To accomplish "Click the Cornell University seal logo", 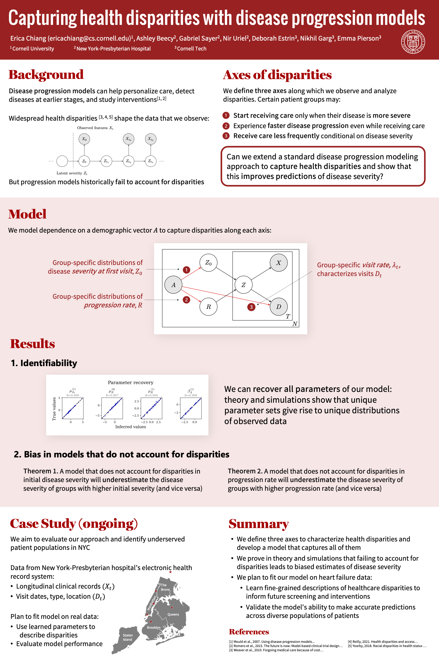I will pos(413,42).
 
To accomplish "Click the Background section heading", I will pos(46,75).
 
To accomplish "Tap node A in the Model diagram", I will pos(173,285).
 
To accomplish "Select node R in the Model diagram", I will pos(208,307).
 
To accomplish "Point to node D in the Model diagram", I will pos(279,307).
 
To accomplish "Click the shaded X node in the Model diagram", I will pos(279,263).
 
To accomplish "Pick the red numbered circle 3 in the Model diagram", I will pos(251,307).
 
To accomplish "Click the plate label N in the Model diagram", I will pos(294,324).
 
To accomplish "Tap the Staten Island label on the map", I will pos(127,637).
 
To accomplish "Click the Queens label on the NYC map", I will pos(173,614).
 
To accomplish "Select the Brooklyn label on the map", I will pos(154,627).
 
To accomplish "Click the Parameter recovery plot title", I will pos(130,382).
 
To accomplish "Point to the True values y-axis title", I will pos(54,409).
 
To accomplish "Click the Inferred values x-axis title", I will pos(130,427).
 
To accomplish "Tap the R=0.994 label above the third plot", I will pos(151,395).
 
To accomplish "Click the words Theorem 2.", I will pos(245,471).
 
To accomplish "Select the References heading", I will pos(249,632).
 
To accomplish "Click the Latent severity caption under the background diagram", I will pos(72,173).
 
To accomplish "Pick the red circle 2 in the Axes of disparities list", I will pos(226,126).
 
